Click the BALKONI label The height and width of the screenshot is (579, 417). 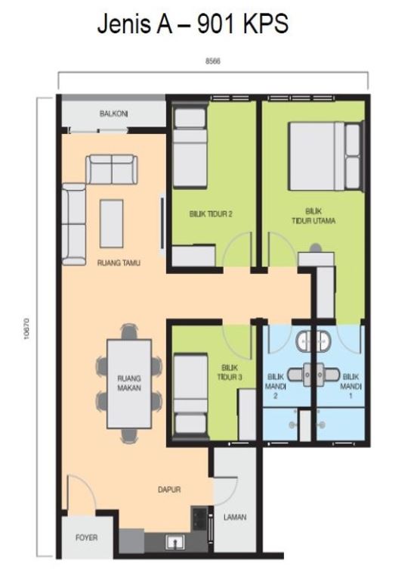coord(113,114)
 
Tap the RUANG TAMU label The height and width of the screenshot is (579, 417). coord(119,263)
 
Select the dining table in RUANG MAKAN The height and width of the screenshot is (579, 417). coord(129,384)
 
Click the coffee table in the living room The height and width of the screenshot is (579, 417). coord(111,223)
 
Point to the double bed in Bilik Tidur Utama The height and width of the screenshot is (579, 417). coord(325,157)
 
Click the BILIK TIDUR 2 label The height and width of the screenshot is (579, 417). coord(211,213)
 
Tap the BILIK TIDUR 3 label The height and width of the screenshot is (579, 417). coord(230,372)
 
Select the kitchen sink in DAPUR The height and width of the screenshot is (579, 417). coord(175,542)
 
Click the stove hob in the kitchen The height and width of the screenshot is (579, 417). coord(199,518)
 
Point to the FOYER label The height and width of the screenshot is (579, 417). coord(87,537)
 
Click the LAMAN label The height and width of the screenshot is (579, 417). coord(235,517)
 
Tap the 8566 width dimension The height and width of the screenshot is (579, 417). coord(213,61)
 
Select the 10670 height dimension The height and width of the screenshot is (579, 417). coord(26,328)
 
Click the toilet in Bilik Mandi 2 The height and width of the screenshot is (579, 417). coord(297,375)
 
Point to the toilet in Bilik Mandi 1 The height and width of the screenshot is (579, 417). coord(329,375)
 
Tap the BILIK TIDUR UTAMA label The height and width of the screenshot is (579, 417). coord(314,216)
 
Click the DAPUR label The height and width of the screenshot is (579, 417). coord(169,490)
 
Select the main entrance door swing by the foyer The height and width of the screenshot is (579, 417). coord(82,493)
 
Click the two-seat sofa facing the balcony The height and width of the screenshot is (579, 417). coord(112,169)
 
